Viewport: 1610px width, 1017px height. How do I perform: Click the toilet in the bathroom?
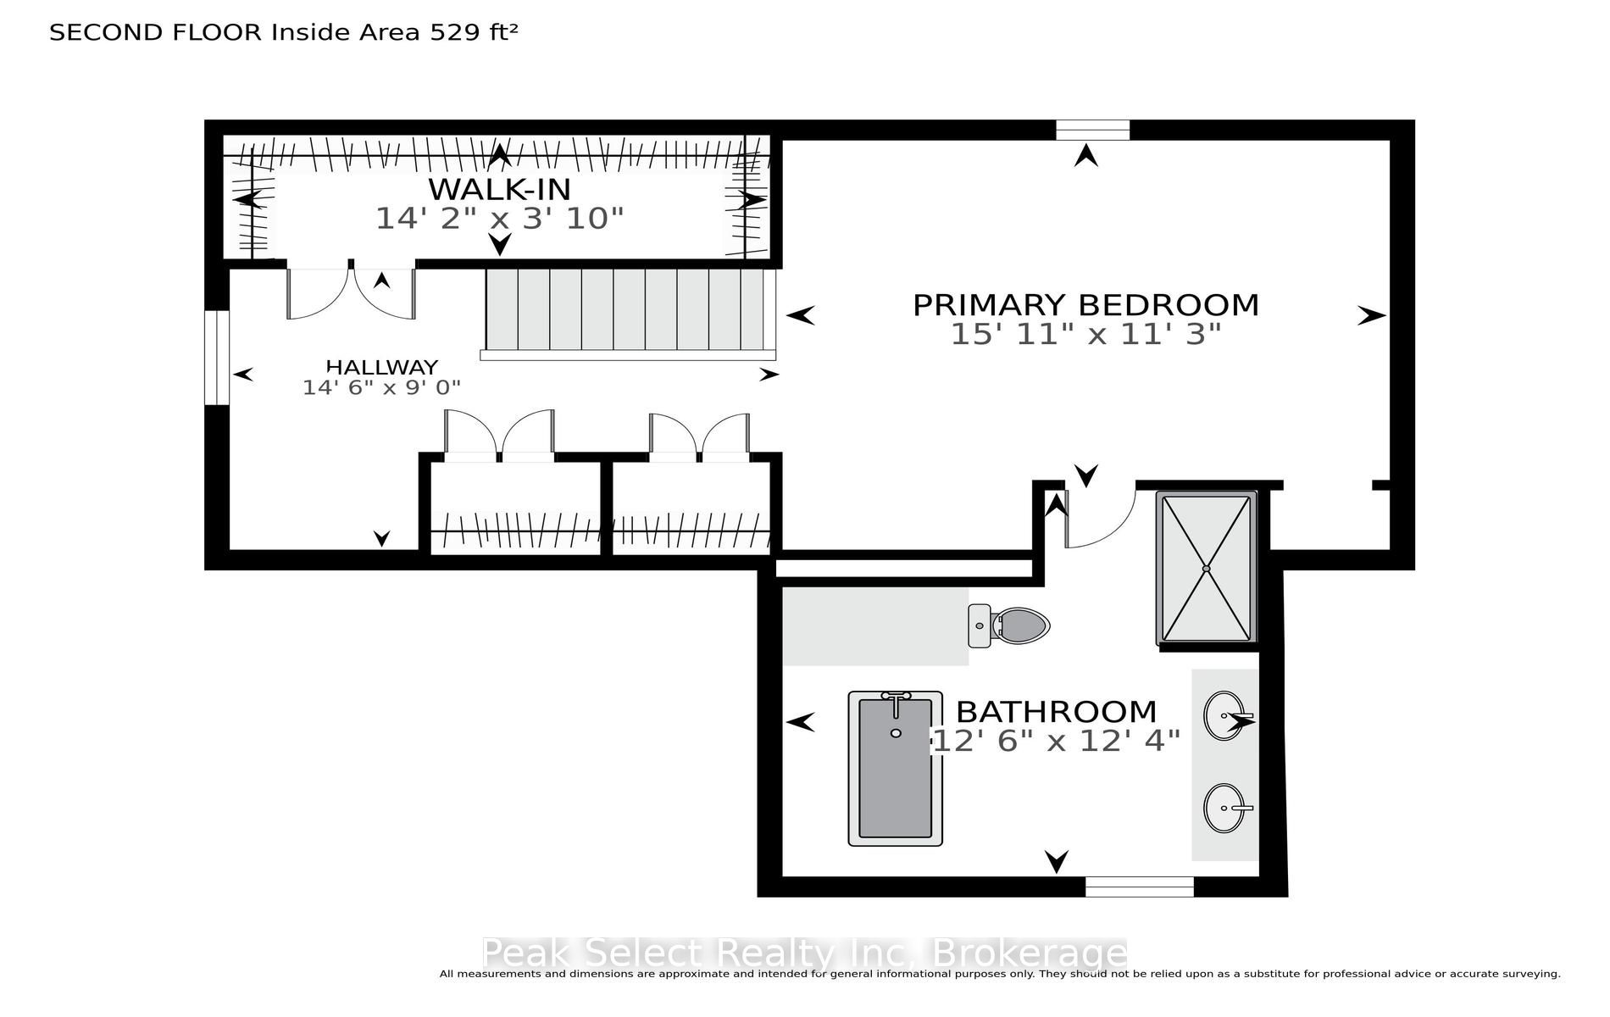pyautogui.click(x=1008, y=626)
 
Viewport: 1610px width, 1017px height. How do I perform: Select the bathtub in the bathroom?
pyautogui.click(x=896, y=768)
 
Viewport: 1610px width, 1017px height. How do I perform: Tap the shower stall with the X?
pyautogui.click(x=1207, y=568)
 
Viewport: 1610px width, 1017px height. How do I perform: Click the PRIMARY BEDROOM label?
pyautogui.click(x=1085, y=304)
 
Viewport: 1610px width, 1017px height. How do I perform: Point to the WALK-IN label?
pyautogui.click(x=499, y=188)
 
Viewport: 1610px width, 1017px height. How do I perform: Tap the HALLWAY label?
pyautogui.click(x=382, y=367)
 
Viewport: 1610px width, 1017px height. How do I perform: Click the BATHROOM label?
pyautogui.click(x=1056, y=711)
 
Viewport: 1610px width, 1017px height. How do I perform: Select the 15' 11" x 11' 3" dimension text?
pyautogui.click(x=1085, y=334)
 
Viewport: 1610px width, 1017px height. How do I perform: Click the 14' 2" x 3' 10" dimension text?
pyautogui.click(x=499, y=219)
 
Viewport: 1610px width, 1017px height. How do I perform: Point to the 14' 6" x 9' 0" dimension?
pyautogui.click(x=381, y=387)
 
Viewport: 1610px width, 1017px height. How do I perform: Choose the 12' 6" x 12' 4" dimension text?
pyautogui.click(x=1056, y=741)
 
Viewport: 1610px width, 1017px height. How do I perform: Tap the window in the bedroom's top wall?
pyautogui.click(x=1092, y=130)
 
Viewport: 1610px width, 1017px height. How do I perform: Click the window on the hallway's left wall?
pyautogui.click(x=218, y=358)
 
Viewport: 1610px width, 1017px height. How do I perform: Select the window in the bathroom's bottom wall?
pyautogui.click(x=1140, y=886)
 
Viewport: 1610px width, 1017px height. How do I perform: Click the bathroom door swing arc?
pyautogui.click(x=1118, y=530)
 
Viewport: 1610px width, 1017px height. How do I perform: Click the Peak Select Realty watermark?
pyautogui.click(x=804, y=953)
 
